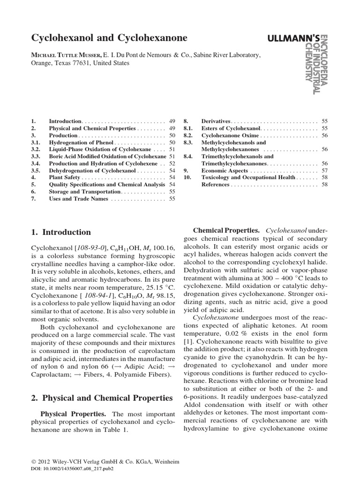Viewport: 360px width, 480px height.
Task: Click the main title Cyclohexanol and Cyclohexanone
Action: [x=109, y=38]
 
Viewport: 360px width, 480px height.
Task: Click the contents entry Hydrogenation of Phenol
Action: [x=81, y=142]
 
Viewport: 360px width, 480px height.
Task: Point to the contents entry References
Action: [x=215, y=185]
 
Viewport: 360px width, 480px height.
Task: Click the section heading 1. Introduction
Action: [x=61, y=232]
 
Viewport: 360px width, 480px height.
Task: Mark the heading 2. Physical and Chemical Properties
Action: [x=102, y=398]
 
